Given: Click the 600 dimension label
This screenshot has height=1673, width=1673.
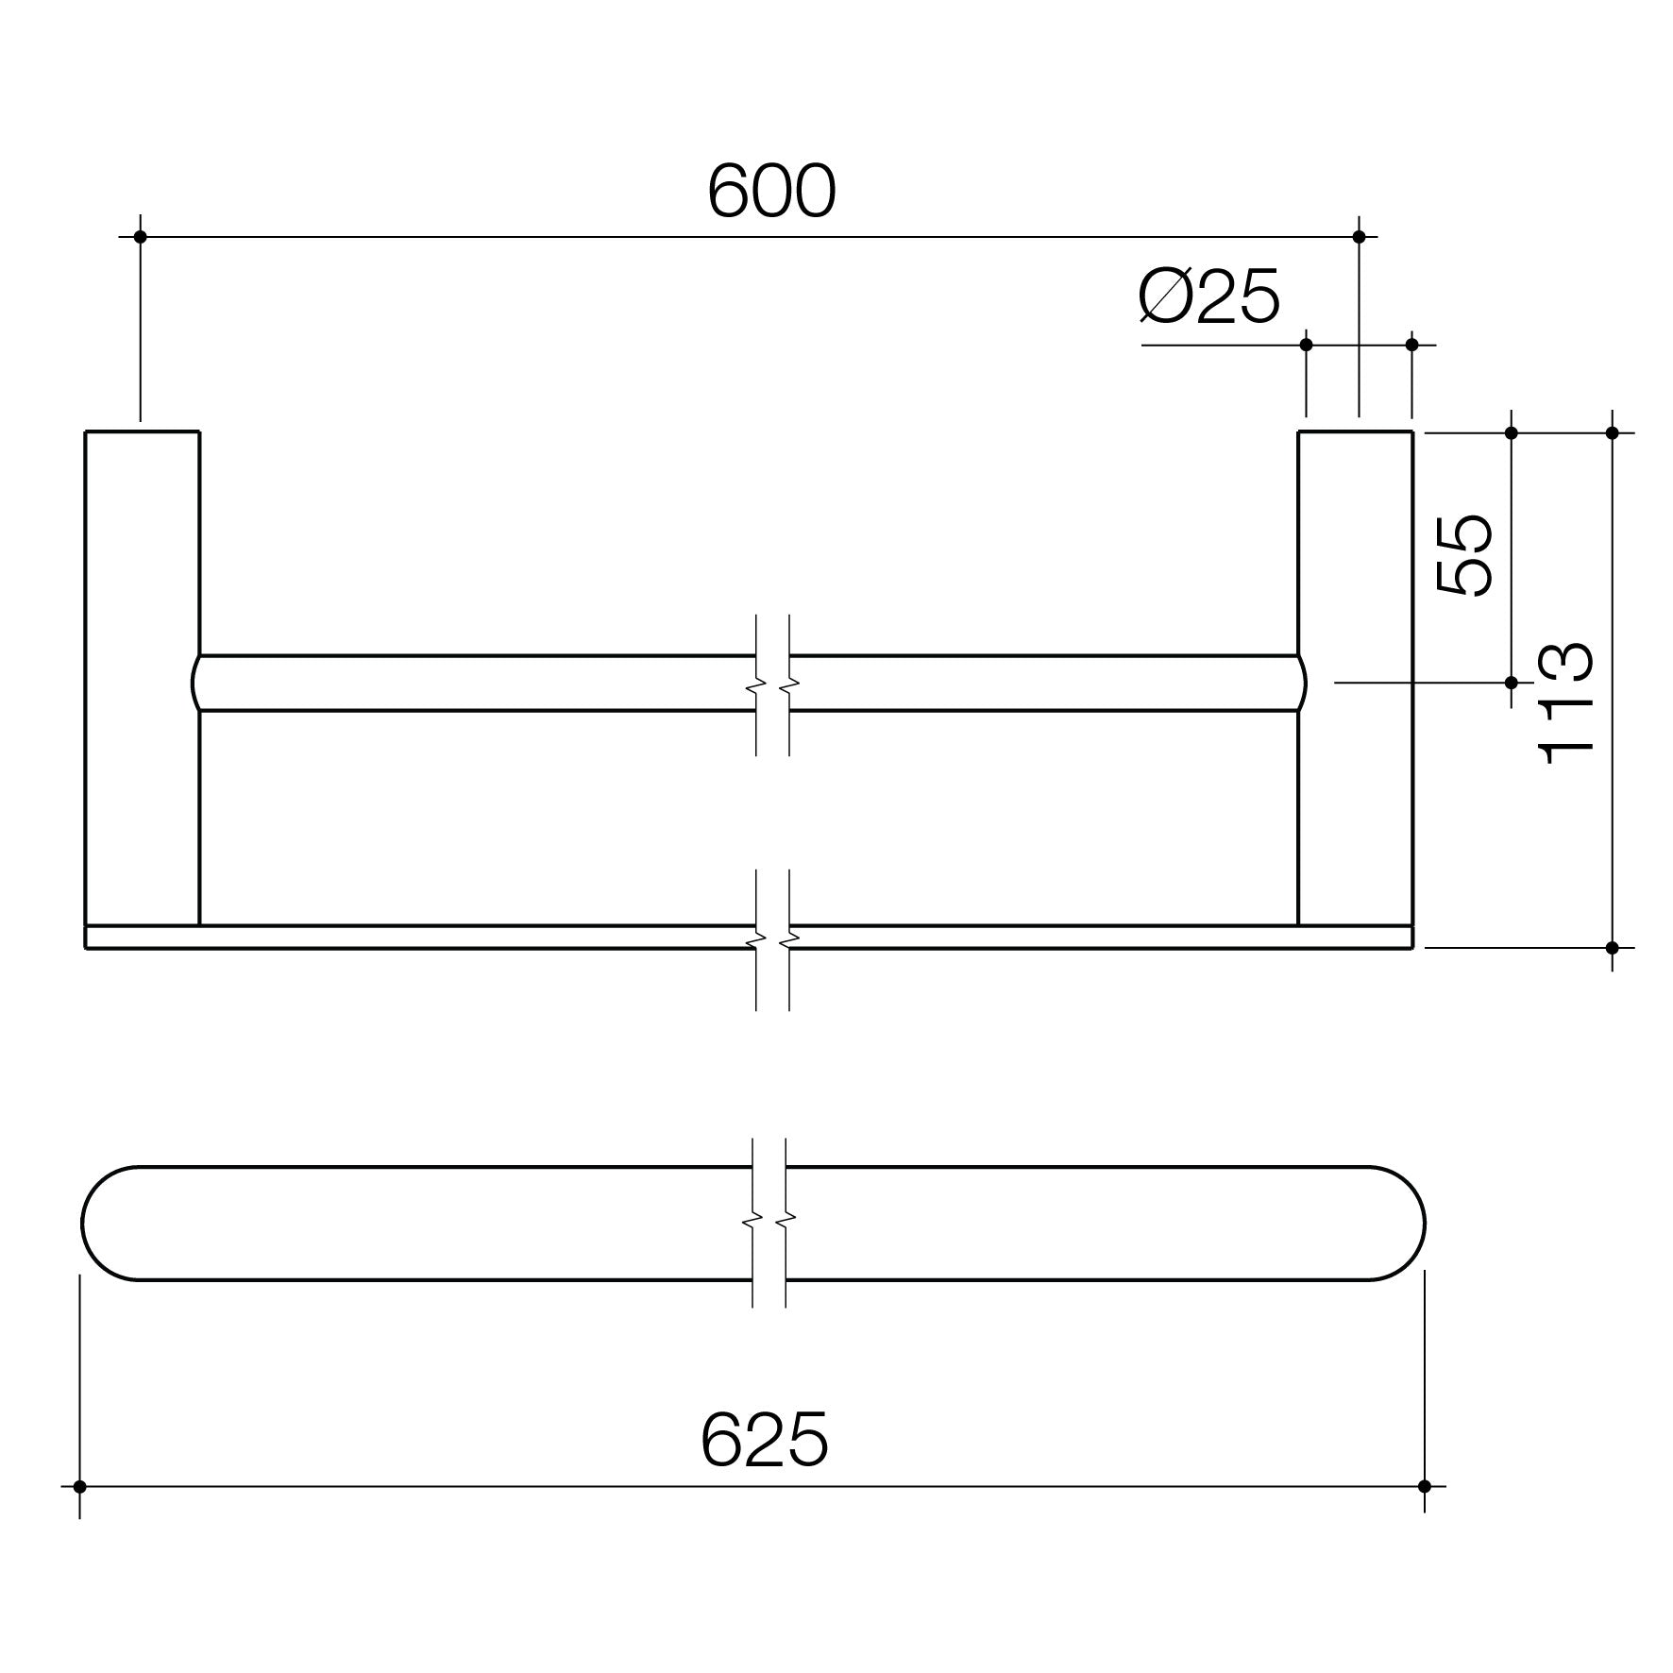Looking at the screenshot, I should pyautogui.click(x=771, y=192).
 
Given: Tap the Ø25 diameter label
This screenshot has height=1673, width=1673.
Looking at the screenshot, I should pyautogui.click(x=1209, y=296).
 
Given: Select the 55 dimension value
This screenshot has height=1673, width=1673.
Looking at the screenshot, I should pyautogui.click(x=1464, y=554).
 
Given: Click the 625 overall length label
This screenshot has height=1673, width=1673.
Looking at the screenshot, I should pyautogui.click(x=764, y=1440).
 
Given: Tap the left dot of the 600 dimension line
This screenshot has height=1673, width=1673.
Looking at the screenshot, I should pyautogui.click(x=141, y=236).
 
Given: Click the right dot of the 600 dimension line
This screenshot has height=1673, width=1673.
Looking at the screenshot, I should pyautogui.click(x=1360, y=236).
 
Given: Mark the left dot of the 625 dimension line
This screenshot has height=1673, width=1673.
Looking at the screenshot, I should pyautogui.click(x=79, y=1486).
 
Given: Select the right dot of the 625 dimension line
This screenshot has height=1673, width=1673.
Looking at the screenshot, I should pyautogui.click(x=1425, y=1486).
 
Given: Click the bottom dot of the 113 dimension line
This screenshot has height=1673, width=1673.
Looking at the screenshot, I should pyautogui.click(x=1613, y=947).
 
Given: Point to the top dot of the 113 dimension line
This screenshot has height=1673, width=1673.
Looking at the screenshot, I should pyautogui.click(x=1613, y=433).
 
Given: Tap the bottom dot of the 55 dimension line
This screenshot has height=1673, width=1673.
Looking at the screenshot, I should pyautogui.click(x=1511, y=682).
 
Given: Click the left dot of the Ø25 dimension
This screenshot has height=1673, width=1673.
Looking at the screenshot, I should pyautogui.click(x=1307, y=345).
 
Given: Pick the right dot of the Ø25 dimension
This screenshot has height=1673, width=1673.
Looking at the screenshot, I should pyautogui.click(x=1412, y=345).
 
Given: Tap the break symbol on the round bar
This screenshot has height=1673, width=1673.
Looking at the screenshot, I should pyautogui.click(x=772, y=683).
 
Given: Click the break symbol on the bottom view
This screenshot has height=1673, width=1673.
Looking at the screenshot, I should pyautogui.click(x=769, y=1223).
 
